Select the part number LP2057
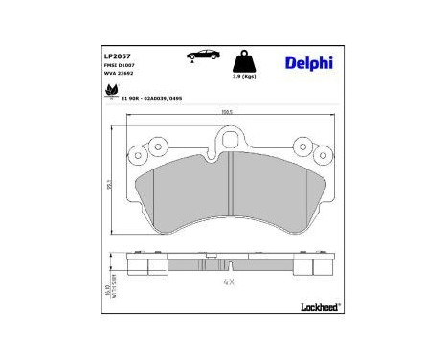coord(117,56)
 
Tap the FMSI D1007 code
coord(119,64)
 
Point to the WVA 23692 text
coord(119,72)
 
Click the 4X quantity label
coord(228,282)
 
